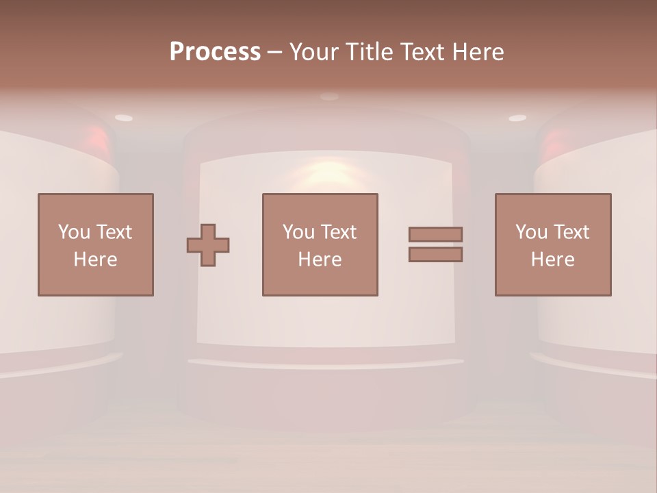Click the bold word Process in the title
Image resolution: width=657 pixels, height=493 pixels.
point(215,52)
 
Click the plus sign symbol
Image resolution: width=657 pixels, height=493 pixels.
point(208,245)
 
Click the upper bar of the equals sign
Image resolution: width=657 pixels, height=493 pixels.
point(435,234)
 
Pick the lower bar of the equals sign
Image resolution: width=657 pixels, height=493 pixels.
point(435,254)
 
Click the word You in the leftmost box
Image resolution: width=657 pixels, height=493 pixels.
point(73,232)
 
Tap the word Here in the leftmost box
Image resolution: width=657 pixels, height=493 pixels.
point(95,260)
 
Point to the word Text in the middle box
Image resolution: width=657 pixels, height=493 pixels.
point(339,232)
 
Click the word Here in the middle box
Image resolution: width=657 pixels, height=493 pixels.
point(320,260)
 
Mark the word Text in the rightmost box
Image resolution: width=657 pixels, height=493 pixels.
point(571,232)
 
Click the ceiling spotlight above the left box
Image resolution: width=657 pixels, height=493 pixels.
point(124,118)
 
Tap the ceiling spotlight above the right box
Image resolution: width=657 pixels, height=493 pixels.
point(517,118)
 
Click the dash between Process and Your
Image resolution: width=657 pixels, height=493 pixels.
point(274,53)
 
